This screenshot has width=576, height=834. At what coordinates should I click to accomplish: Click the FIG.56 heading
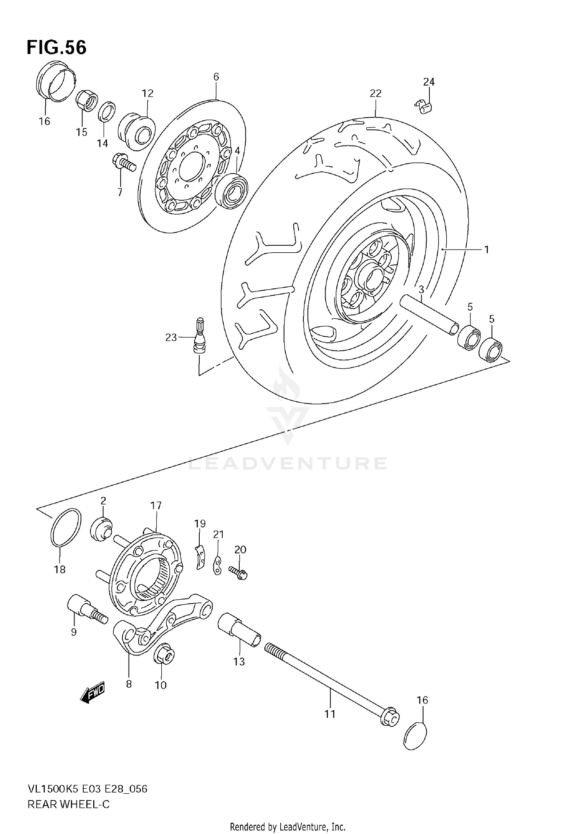tap(56, 48)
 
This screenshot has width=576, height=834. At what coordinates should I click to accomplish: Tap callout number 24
tap(429, 82)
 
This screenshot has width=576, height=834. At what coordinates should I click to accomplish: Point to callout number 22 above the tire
tap(375, 93)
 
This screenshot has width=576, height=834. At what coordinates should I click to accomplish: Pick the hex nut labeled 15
tap(86, 101)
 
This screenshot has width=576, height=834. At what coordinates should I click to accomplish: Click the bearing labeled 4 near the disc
tap(231, 191)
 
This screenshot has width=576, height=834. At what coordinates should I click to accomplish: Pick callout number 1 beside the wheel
tap(487, 250)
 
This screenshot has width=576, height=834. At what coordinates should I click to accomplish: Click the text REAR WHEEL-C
tap(68, 804)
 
